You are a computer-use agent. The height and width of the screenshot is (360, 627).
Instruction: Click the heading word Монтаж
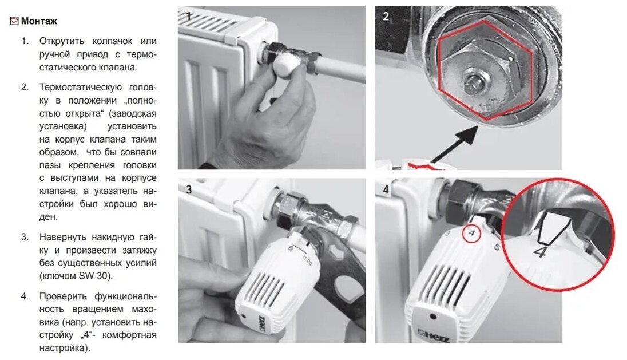(x=39, y=21)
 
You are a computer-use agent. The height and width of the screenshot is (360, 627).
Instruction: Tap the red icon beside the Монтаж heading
(x=14, y=21)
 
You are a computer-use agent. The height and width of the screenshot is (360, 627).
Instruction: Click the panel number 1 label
(x=189, y=16)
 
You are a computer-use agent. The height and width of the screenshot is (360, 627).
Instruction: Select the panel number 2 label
(x=386, y=17)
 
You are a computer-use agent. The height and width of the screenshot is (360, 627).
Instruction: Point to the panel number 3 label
(x=189, y=189)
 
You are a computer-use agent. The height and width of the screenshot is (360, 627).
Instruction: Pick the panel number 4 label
(x=386, y=189)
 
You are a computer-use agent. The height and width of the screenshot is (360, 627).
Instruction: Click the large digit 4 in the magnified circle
(x=540, y=252)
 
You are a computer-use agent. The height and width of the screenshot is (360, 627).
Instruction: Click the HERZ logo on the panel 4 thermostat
(x=434, y=336)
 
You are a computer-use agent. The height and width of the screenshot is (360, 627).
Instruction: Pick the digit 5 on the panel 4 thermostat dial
(x=497, y=247)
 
